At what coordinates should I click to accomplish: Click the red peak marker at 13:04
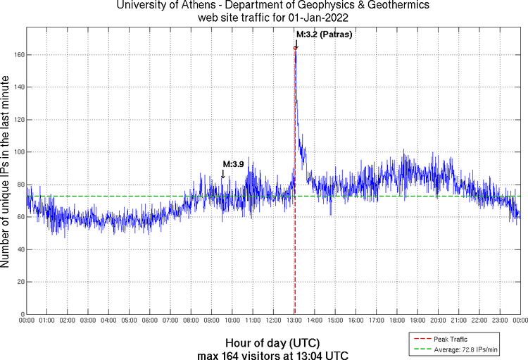click(295, 48)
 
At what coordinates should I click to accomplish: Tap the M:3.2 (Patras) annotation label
click(324, 34)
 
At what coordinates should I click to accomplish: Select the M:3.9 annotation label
click(233, 164)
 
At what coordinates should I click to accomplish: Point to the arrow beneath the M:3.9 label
click(223, 174)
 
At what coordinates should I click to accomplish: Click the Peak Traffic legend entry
click(450, 340)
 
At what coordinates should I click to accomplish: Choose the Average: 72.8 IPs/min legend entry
click(465, 349)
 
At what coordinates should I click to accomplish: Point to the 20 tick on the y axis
click(19, 282)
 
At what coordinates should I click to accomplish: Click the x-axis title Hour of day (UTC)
click(273, 342)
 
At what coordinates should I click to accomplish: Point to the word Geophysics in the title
click(330, 5)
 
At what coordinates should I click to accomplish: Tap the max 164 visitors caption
click(272, 354)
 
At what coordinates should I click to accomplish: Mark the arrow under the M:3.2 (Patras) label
click(296, 44)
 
